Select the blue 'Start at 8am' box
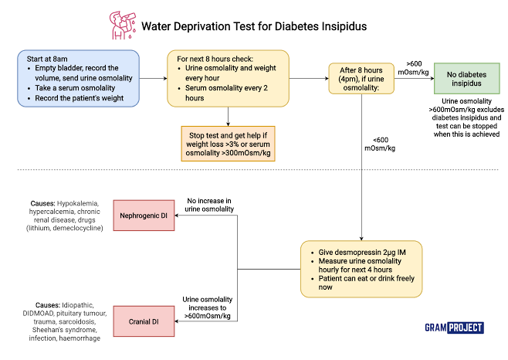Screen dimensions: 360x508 click(x=79, y=78)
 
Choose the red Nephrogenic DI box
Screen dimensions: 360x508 click(x=144, y=213)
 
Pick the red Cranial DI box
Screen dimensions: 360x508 click(x=144, y=321)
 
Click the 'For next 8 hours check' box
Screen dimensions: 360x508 click(x=229, y=78)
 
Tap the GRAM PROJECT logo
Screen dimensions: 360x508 click(x=453, y=328)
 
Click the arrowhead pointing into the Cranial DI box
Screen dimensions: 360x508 click(x=178, y=321)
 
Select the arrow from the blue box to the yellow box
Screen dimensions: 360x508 click(x=153, y=78)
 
